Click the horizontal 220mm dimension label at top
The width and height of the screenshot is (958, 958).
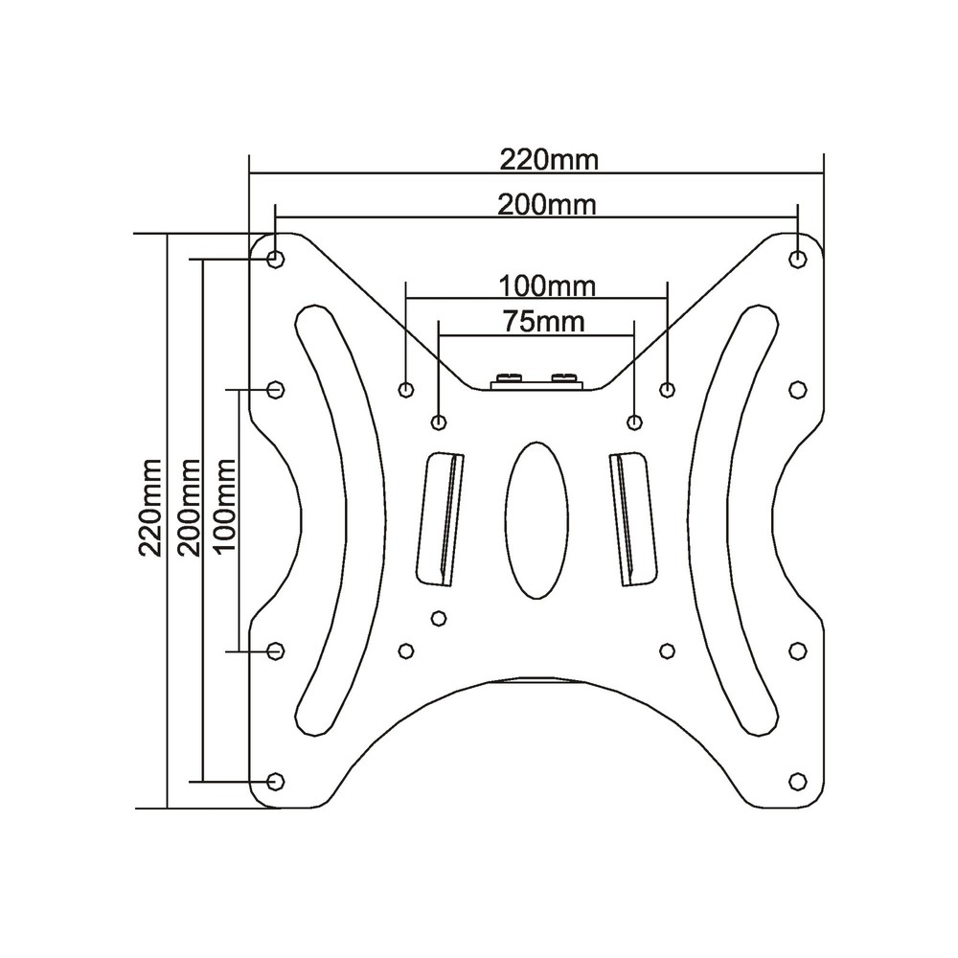[548, 159]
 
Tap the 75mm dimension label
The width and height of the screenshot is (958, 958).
[543, 321]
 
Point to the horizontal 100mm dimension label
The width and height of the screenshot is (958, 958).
[547, 285]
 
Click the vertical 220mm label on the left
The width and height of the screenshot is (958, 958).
[150, 507]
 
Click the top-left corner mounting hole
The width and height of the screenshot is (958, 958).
[276, 259]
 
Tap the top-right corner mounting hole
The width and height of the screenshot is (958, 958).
[798, 259]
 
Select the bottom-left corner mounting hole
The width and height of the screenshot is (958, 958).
[276, 781]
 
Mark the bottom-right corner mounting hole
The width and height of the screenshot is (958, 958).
[797, 781]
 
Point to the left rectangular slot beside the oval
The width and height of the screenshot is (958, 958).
[441, 517]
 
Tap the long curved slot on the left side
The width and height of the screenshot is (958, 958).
[337, 517]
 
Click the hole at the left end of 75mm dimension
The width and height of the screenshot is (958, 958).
[439, 422]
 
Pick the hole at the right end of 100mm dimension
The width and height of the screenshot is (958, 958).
[668, 389]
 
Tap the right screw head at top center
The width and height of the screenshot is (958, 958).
[564, 377]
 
